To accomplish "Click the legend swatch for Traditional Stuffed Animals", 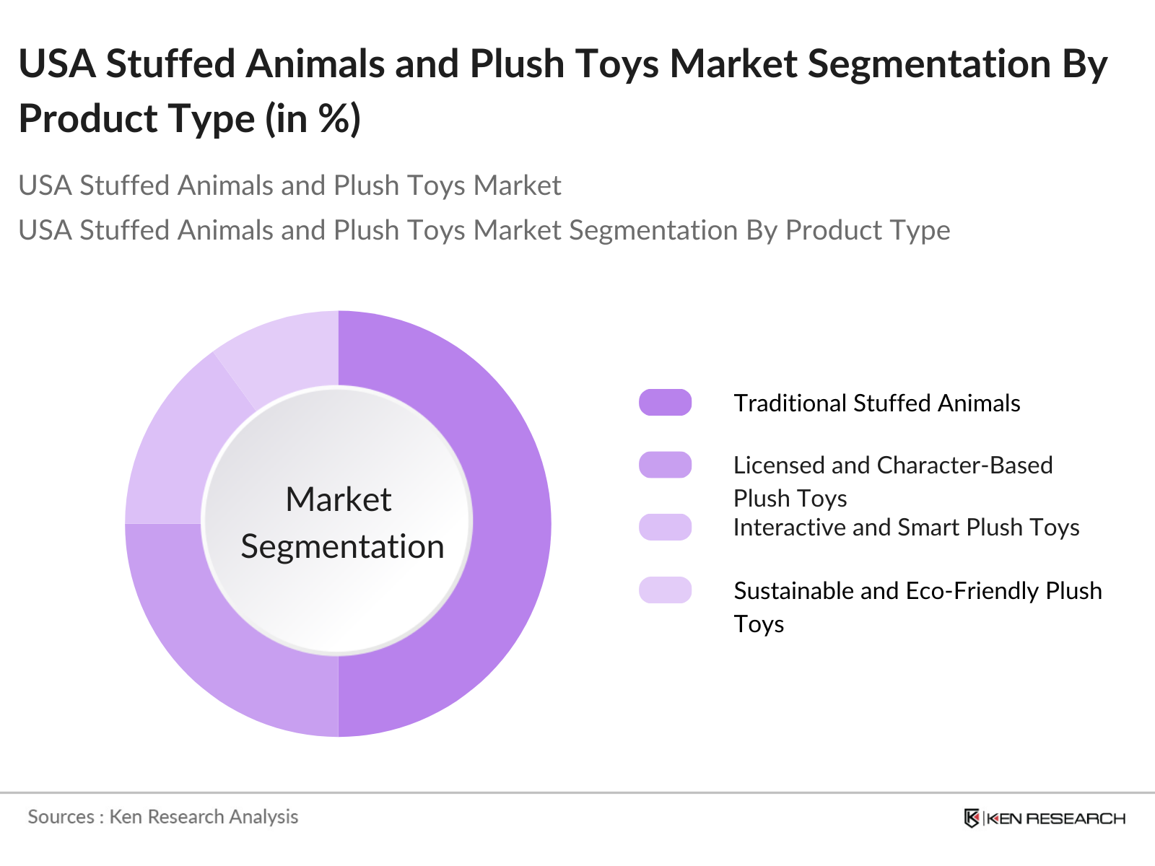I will click(x=665, y=403).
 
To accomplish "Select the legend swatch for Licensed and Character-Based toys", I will click(x=665, y=465).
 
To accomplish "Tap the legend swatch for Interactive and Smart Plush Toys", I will click(x=665, y=528).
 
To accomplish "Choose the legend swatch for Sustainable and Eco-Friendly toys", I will click(x=665, y=590).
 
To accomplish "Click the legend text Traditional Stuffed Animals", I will click(x=876, y=403).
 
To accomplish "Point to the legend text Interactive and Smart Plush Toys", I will click(x=906, y=528).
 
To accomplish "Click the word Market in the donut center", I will click(x=338, y=499).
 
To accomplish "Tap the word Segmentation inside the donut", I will click(x=342, y=546).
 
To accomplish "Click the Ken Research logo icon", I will click(x=972, y=818).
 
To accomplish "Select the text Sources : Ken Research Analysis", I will click(x=163, y=817).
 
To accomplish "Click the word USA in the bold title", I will click(x=57, y=64).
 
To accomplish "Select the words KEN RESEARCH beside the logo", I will click(x=1055, y=818).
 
